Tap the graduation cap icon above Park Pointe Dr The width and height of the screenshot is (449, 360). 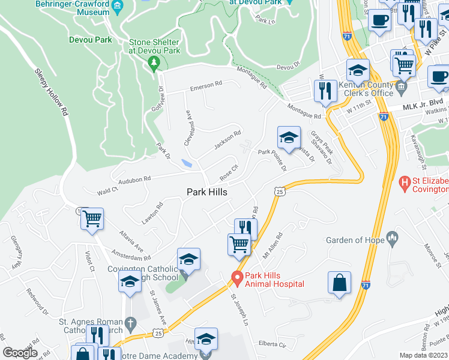[288, 137]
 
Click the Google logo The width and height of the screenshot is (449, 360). [20, 353]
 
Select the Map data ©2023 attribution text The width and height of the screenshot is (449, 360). [423, 355]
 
